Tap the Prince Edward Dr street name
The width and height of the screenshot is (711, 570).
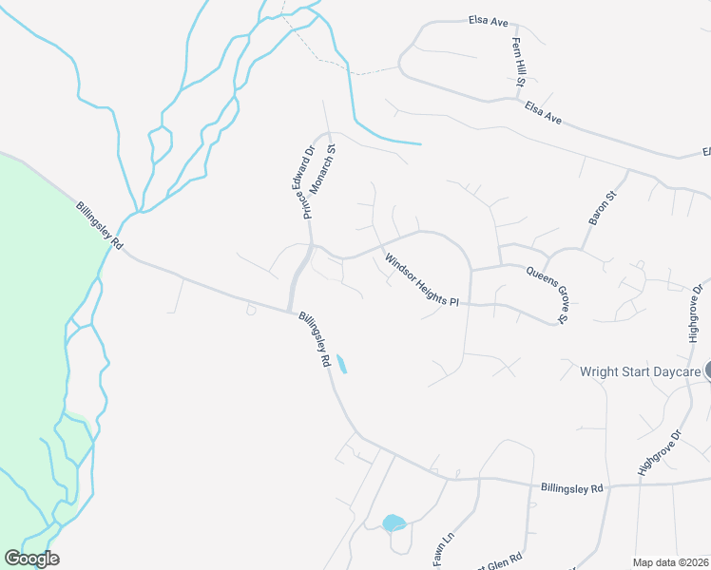coord(309,180)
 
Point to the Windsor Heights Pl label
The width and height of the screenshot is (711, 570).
coord(421,279)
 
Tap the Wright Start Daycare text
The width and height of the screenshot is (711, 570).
coord(640,371)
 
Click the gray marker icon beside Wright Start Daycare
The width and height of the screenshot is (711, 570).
coord(708,370)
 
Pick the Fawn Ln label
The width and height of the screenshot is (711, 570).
coord(444,552)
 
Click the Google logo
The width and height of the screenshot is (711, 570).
coord(31,559)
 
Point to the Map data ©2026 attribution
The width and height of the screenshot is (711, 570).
coord(670,562)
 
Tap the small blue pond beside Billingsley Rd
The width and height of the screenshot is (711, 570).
coord(342,363)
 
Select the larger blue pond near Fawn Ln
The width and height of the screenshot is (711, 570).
coord(394,522)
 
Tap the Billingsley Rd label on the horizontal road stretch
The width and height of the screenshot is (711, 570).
coord(572,488)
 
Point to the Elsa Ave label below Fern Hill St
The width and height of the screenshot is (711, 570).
coord(544,114)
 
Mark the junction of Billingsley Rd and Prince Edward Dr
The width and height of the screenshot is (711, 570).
coord(291,311)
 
